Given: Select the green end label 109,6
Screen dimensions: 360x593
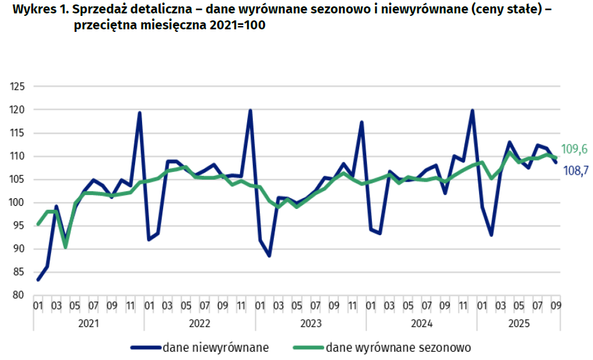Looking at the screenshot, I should pyautogui.click(x=574, y=150).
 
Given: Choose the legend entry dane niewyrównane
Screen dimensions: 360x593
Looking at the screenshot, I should pyautogui.click(x=199, y=348).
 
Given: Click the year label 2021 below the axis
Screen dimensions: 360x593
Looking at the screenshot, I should pyautogui.click(x=89, y=323).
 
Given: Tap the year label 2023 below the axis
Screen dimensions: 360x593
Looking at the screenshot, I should pyautogui.click(x=311, y=323).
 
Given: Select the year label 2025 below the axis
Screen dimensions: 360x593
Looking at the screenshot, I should pyautogui.click(x=518, y=323).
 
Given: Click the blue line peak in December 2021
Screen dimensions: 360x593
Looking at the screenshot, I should pyautogui.click(x=139, y=113).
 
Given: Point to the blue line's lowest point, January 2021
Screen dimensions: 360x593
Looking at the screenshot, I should pyautogui.click(x=38, y=280).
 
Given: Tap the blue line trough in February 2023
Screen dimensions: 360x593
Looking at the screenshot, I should pyautogui.click(x=269, y=256).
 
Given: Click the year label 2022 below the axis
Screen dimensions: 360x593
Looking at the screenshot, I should pyautogui.click(x=199, y=323).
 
